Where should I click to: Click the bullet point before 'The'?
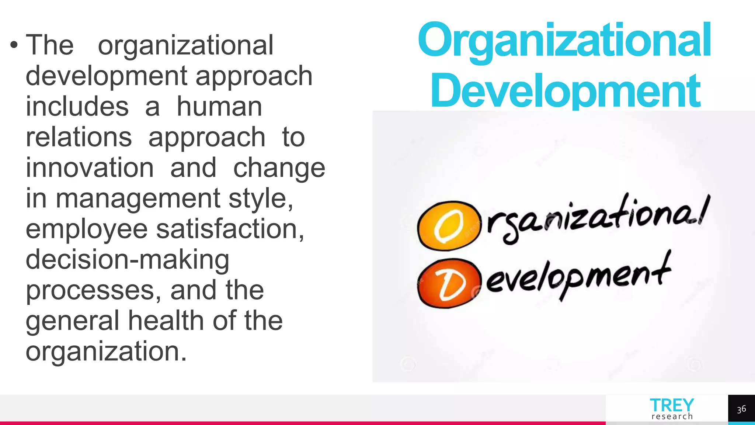14,46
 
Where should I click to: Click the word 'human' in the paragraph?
219,107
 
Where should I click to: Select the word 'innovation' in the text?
90,168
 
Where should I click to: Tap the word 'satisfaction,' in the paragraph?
230,229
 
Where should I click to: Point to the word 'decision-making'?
128,260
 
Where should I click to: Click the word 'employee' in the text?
87,229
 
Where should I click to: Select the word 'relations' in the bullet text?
79,137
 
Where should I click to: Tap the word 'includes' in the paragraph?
77,107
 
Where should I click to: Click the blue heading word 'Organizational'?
564,41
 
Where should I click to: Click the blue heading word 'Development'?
566,91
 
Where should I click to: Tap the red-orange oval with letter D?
449,283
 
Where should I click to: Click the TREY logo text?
672,405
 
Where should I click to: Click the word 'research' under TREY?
672,417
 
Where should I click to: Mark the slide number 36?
741,409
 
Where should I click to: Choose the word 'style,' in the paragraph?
261,198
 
